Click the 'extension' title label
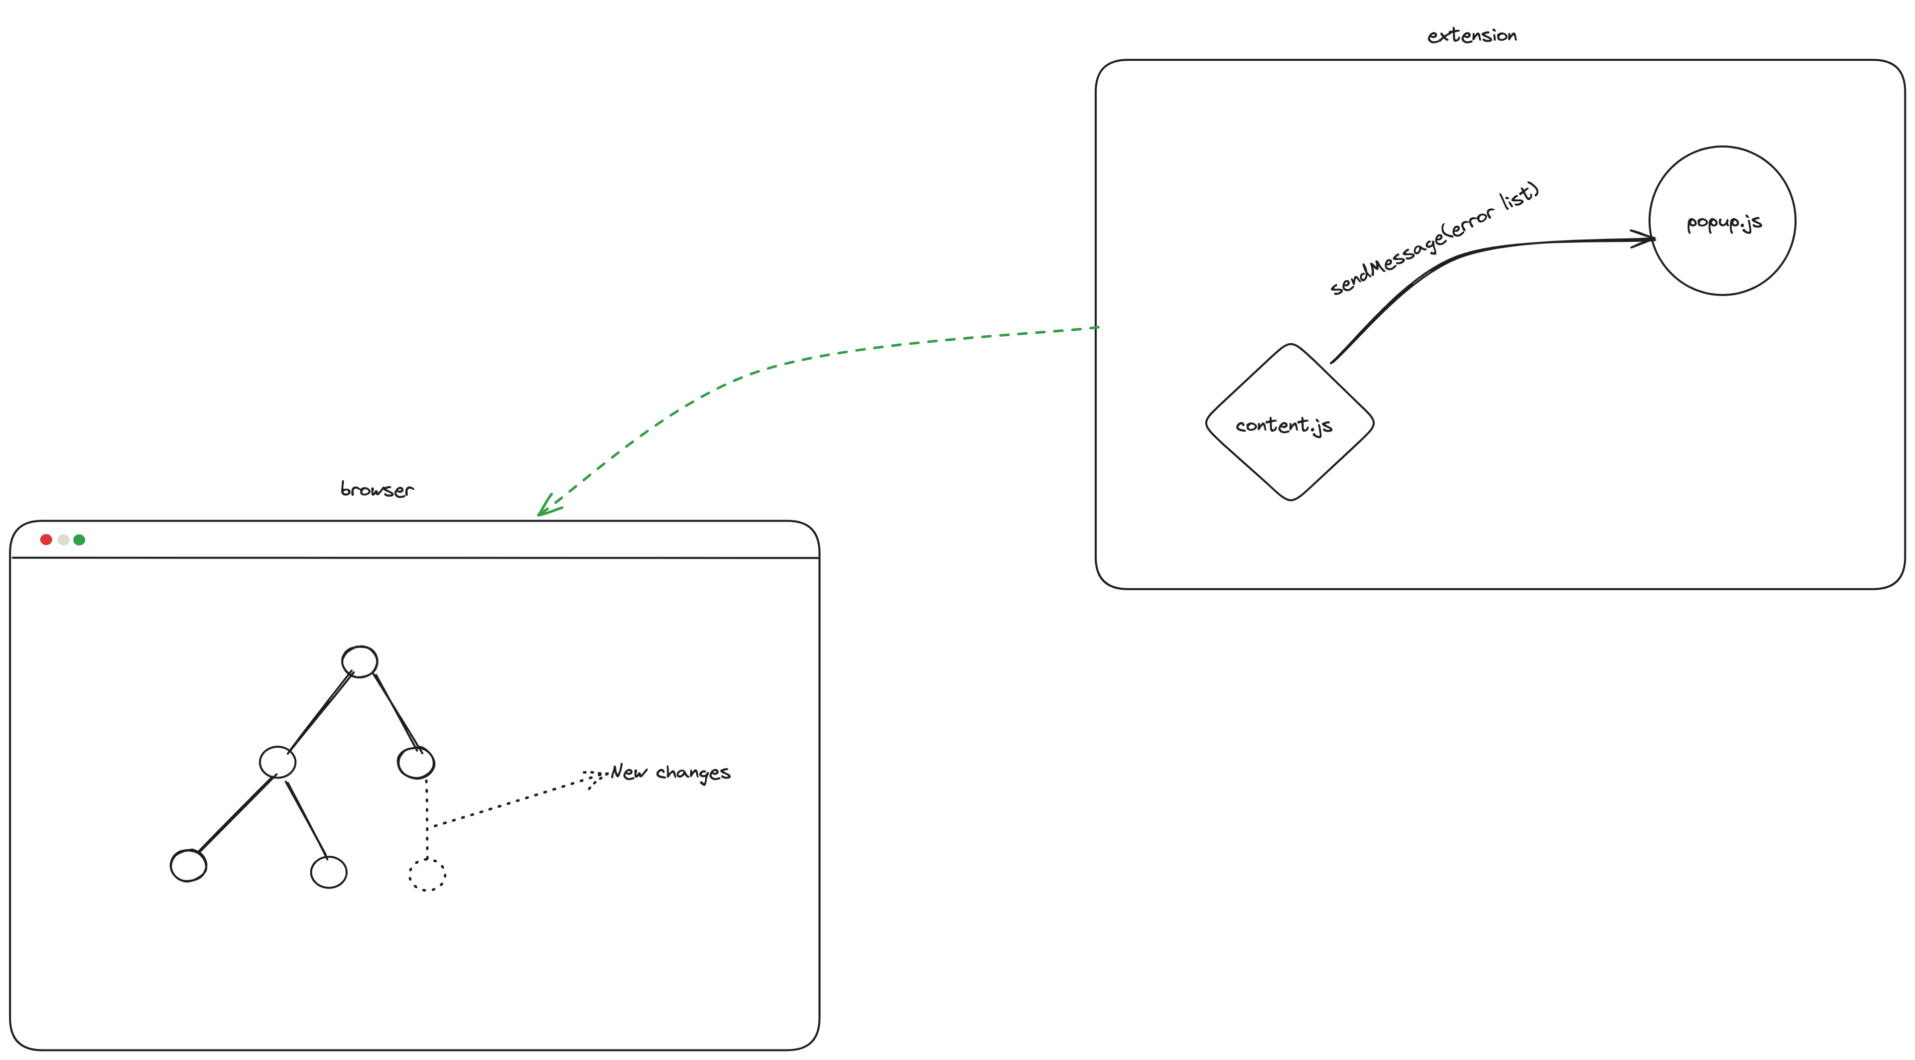point(1471,35)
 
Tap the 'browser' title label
point(377,489)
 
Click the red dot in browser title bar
point(46,540)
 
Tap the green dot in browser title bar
point(79,540)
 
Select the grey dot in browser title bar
point(63,540)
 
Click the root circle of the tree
point(360,661)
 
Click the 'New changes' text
point(671,772)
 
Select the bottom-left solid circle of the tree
point(188,865)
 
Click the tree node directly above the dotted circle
point(416,763)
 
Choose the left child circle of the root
point(277,762)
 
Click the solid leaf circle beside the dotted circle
point(329,872)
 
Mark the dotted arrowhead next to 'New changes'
point(592,777)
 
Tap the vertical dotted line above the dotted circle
point(427,818)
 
